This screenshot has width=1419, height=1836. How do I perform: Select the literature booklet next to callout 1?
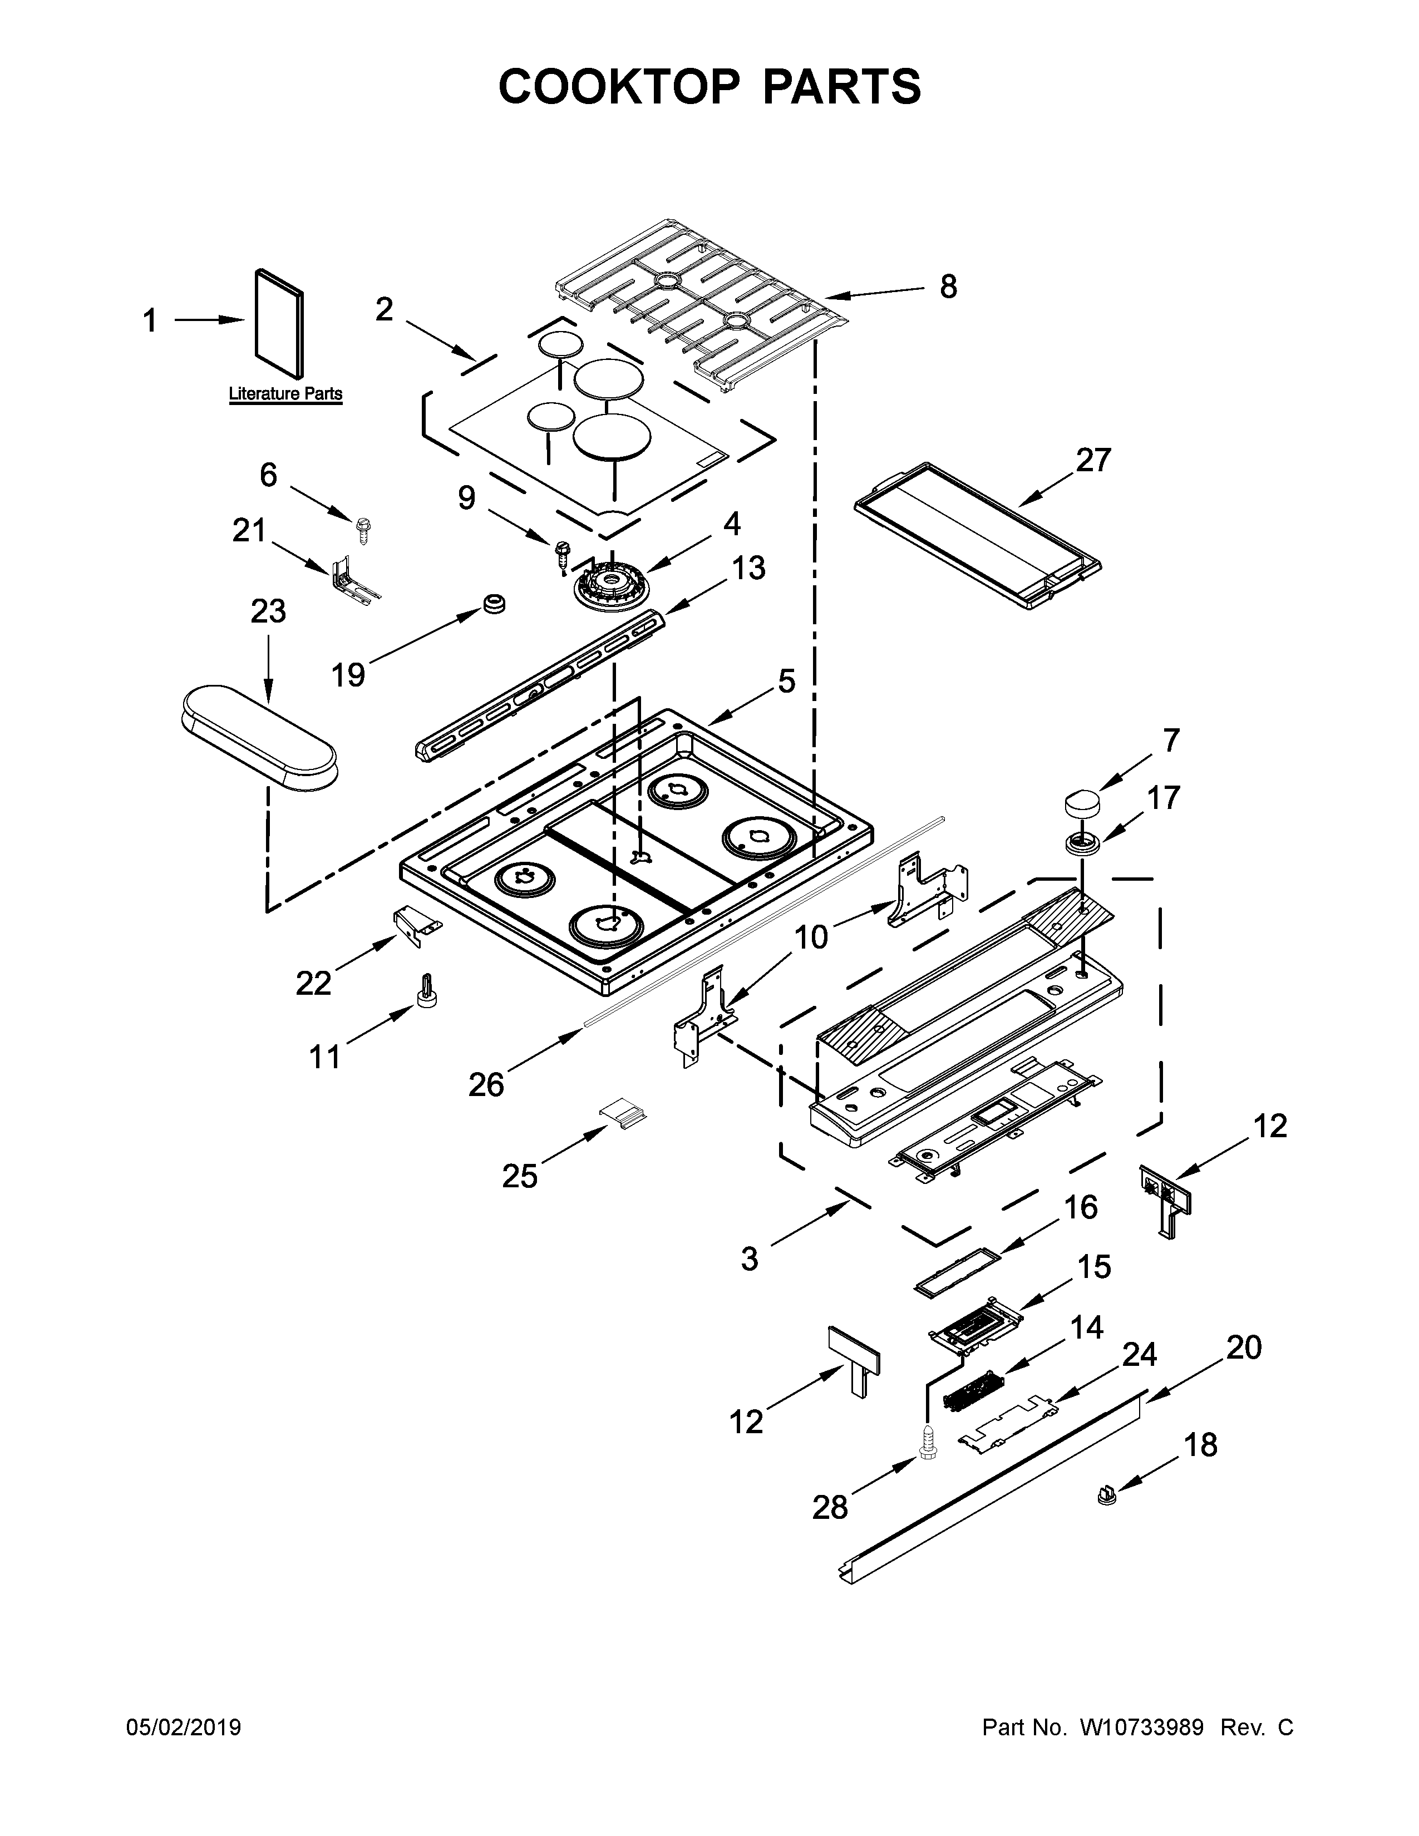coord(280,322)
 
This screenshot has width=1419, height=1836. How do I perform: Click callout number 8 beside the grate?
coord(948,288)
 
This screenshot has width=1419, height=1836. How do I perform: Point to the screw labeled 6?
coord(364,527)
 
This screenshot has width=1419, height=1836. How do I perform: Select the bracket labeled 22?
coord(416,926)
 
